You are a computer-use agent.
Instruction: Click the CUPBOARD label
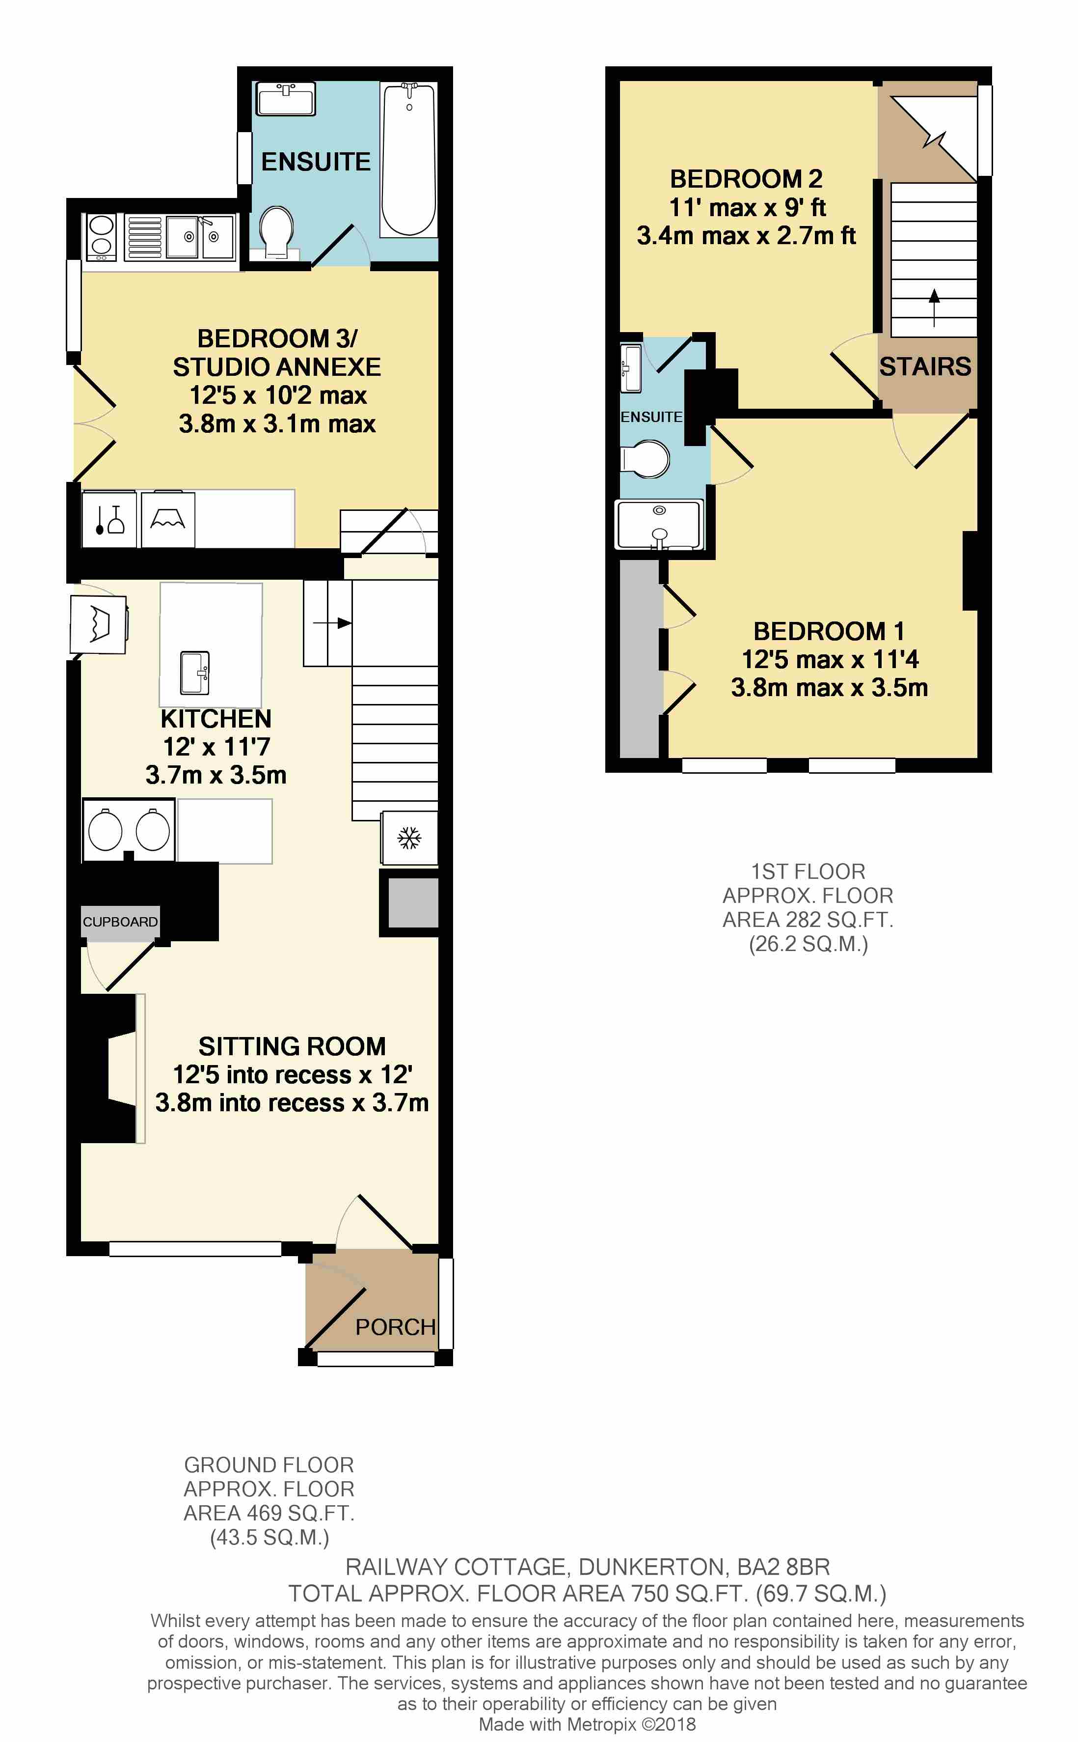point(120,922)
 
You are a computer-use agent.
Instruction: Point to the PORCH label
point(396,1327)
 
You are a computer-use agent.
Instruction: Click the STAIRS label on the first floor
point(925,366)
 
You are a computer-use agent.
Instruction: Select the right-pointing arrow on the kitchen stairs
point(332,623)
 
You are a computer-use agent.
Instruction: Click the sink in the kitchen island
point(194,672)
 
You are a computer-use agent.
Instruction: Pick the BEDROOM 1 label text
point(829,631)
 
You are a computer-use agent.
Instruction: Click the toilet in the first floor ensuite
point(645,459)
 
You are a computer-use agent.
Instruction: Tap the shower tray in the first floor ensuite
point(659,524)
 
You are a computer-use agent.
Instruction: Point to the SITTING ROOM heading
point(292,1046)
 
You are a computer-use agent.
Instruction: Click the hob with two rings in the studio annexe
point(101,236)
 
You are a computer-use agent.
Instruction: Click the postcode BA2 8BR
point(783,1567)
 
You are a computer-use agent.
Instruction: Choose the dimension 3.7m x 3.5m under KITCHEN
point(216,775)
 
